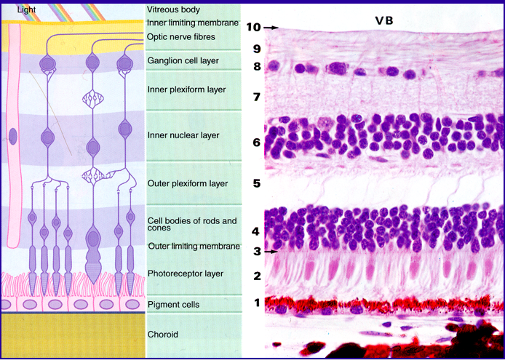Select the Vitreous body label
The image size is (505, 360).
(173, 9)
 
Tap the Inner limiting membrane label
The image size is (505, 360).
(193, 23)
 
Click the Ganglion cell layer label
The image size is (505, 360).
(182, 60)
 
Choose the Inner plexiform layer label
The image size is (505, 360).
(186, 89)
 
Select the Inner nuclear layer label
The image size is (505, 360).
(183, 135)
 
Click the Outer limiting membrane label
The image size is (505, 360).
(194, 247)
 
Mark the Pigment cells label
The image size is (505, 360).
(173, 304)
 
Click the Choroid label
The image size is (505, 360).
(163, 335)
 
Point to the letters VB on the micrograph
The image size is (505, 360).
(384, 20)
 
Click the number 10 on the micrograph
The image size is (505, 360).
(253, 27)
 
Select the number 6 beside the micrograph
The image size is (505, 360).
(256, 142)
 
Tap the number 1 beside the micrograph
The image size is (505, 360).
(256, 303)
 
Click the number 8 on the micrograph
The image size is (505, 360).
(256, 67)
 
